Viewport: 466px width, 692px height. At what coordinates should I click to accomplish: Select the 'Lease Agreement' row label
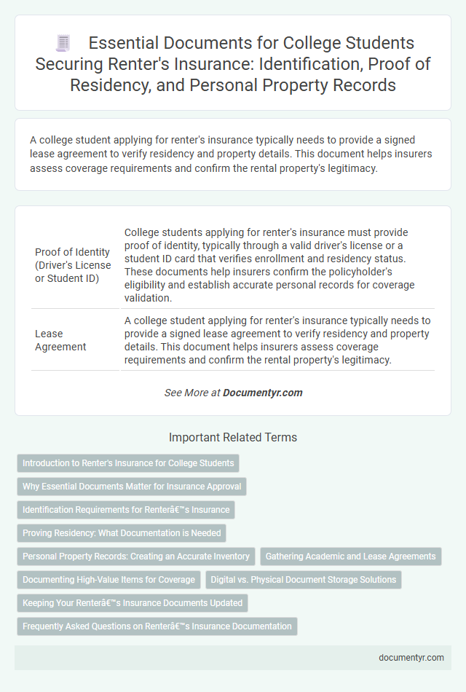(62, 340)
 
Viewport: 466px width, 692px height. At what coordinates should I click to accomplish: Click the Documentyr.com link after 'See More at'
(262, 393)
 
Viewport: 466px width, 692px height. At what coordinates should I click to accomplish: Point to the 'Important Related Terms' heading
(232, 438)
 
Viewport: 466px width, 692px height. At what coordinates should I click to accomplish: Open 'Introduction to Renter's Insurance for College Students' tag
(128, 463)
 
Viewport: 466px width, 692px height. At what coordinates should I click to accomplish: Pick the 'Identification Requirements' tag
(126, 510)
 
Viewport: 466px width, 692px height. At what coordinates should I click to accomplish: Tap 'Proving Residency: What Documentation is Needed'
(122, 533)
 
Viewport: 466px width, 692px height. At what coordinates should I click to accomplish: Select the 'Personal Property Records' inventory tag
(136, 557)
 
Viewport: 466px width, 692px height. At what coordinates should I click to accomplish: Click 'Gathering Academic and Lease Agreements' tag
(350, 557)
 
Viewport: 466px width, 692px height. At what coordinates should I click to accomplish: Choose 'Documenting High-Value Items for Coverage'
(109, 580)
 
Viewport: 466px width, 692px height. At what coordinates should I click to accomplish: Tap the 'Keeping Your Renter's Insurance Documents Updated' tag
(133, 603)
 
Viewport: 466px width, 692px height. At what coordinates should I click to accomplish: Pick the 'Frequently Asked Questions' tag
(157, 626)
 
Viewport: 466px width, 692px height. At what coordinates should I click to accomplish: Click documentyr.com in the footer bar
(411, 657)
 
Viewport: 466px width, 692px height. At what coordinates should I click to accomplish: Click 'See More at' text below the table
(192, 393)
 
